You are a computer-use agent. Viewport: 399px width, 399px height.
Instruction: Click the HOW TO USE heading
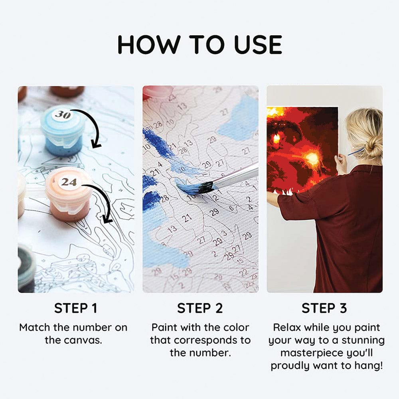click(x=200, y=45)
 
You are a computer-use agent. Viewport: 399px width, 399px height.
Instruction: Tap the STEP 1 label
click(x=75, y=308)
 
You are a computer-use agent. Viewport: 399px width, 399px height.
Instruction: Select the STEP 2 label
click(x=200, y=308)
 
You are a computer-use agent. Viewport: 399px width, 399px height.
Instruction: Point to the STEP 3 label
click(x=324, y=308)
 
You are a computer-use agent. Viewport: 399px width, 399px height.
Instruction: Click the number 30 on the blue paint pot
click(x=63, y=115)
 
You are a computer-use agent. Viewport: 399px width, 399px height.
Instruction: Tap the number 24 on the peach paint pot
click(x=69, y=182)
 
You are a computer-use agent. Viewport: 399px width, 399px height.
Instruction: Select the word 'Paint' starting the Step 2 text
click(x=163, y=328)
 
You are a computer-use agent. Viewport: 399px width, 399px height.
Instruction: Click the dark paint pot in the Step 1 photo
click(x=26, y=267)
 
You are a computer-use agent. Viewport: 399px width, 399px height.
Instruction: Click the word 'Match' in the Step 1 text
click(x=35, y=328)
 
